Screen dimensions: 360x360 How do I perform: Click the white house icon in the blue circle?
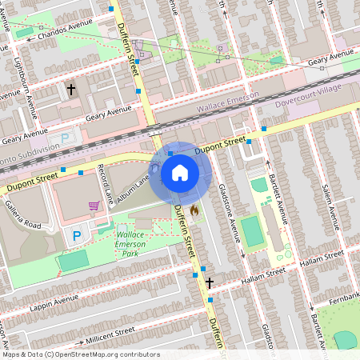(x=180, y=173)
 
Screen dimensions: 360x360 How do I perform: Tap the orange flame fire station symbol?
(x=194, y=210)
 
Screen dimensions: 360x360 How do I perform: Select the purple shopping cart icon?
(x=94, y=206)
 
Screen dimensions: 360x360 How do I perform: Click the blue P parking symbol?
(x=77, y=236)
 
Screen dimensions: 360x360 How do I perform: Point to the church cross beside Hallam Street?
(x=210, y=282)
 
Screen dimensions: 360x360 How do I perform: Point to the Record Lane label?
(x=102, y=182)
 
